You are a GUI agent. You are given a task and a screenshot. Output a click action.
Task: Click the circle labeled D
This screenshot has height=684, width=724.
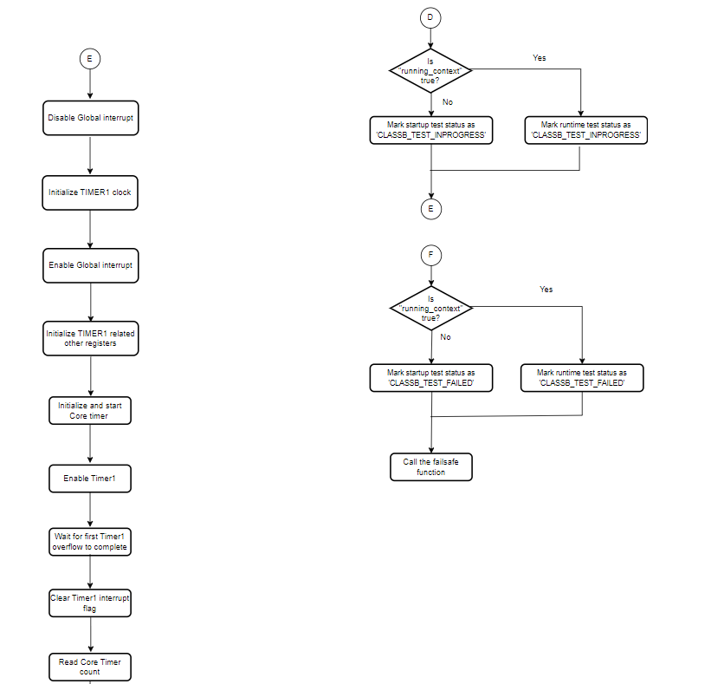pos(430,16)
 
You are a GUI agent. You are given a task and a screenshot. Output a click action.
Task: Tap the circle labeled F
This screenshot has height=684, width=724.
pos(430,255)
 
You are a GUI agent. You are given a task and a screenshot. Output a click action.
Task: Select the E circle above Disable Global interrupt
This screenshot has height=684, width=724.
pos(90,58)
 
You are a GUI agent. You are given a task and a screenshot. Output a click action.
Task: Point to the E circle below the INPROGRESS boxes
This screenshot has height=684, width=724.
pos(430,209)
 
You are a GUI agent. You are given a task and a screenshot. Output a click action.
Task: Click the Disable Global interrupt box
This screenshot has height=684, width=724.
pos(90,118)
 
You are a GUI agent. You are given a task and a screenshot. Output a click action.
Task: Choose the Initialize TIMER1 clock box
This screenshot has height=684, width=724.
pos(90,192)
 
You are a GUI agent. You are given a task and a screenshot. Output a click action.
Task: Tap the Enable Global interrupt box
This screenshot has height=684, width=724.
pos(90,265)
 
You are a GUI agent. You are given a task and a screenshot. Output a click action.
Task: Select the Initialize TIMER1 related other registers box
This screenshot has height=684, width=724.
pos(91,338)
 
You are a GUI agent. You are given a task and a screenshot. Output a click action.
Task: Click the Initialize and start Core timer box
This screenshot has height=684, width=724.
pos(90,410)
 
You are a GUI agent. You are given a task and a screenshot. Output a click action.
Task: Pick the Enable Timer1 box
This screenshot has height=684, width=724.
pos(90,478)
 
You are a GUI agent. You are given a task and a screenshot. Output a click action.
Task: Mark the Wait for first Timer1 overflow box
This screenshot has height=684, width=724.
pos(90,542)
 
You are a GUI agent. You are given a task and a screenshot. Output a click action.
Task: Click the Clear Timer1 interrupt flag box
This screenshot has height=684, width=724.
pos(90,603)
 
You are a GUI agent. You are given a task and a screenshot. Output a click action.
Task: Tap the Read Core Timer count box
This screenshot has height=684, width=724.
pos(90,667)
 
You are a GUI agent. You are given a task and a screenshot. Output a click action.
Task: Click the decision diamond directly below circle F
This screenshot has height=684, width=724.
pos(430,307)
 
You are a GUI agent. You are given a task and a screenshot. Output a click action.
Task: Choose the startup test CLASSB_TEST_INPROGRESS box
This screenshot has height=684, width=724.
pos(430,130)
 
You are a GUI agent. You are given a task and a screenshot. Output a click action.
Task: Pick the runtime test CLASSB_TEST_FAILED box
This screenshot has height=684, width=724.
pos(582,377)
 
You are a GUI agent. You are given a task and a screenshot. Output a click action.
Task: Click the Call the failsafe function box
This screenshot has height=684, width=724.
pos(430,467)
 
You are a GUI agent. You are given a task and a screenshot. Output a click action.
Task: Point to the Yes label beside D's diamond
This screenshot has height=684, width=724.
pos(540,58)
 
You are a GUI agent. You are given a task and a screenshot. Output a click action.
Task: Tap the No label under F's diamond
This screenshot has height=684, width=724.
pos(445,336)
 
